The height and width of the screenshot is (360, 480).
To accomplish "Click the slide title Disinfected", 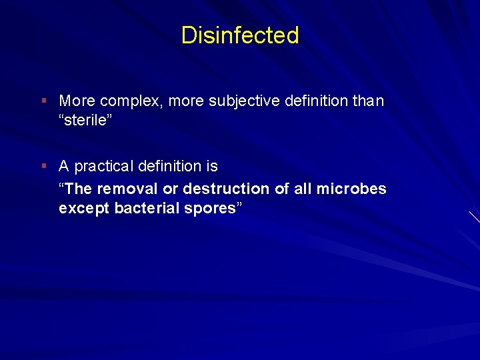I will click(240, 35).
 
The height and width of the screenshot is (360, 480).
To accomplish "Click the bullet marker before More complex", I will click(43, 101).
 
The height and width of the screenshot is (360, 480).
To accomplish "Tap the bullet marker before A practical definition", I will click(43, 165).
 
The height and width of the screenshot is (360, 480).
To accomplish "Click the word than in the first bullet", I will click(369, 101).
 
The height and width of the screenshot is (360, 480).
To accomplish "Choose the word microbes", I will click(351, 189).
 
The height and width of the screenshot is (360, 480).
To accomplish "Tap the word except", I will click(85, 209).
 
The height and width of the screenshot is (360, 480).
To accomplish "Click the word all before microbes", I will click(303, 189).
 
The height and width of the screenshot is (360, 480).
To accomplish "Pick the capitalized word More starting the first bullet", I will click(77, 101).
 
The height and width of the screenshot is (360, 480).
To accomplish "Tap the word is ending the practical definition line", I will click(212, 166).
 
